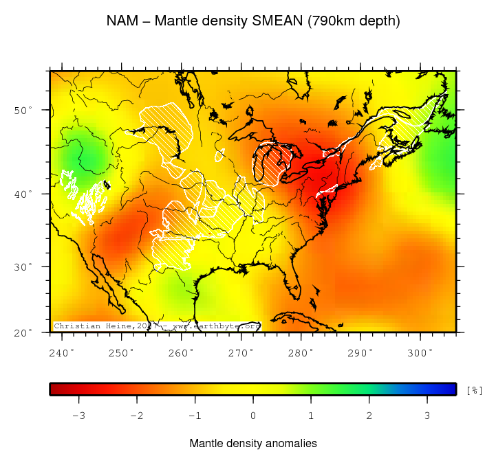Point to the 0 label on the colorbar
click(x=253, y=415)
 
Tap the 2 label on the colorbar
click(x=369, y=415)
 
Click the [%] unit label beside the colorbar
click(x=474, y=390)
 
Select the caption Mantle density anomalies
click(x=253, y=444)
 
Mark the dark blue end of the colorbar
click(x=450, y=389)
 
